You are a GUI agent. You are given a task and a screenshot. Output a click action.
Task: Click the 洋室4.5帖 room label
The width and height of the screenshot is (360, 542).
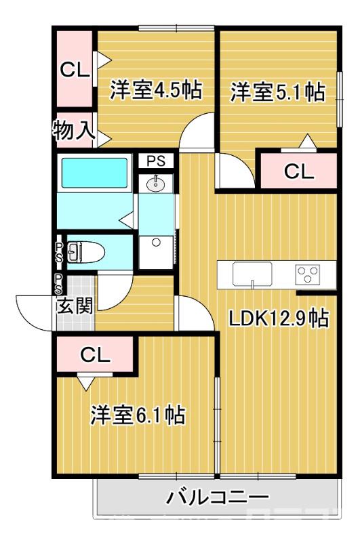pyautogui.click(x=156, y=91)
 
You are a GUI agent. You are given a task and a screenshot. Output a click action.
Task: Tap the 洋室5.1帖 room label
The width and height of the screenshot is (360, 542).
pyautogui.click(x=277, y=93)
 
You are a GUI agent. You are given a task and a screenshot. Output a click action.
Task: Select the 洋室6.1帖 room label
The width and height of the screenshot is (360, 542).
pyautogui.click(x=138, y=415)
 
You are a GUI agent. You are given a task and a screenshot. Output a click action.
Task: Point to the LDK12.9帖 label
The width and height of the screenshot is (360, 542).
pyautogui.click(x=279, y=318)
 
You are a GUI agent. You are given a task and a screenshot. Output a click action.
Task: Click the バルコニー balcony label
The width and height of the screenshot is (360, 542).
pyautogui.click(x=218, y=498)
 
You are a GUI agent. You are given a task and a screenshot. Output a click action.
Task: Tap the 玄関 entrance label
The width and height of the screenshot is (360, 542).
pyautogui.click(x=75, y=306)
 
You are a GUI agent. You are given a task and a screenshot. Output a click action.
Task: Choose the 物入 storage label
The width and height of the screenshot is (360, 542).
pyautogui.click(x=74, y=131)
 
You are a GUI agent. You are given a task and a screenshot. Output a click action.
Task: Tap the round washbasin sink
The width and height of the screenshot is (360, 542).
pyautogui.click(x=157, y=182)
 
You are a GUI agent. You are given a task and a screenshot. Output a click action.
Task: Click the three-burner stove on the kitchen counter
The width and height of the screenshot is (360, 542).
pyautogui.click(x=309, y=274)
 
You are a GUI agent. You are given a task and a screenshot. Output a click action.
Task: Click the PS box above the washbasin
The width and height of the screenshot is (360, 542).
pyautogui.click(x=157, y=161)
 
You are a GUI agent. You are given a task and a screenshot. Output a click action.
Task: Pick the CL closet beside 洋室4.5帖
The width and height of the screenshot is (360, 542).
pyautogui.click(x=73, y=69)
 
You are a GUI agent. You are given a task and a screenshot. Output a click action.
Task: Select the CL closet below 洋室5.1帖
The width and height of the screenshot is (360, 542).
pyautogui.click(x=299, y=171)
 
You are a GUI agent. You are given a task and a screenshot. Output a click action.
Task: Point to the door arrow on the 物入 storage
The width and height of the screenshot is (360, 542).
pyautogui.click(x=104, y=138)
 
